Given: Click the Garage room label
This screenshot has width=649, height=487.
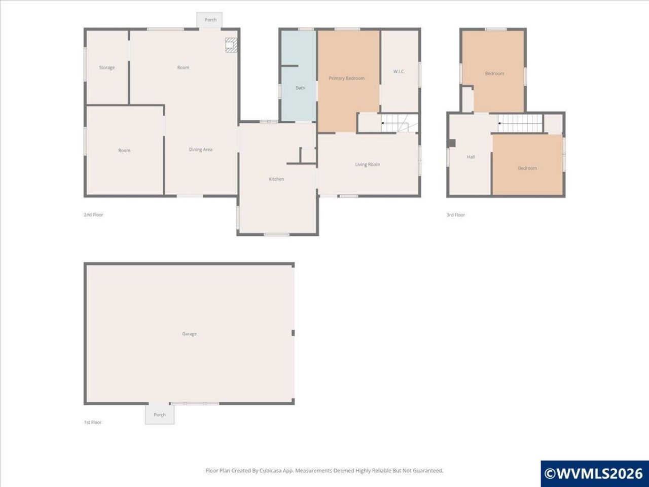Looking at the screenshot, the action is (x=189, y=334).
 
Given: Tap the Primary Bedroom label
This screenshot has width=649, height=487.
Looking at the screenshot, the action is (x=346, y=78).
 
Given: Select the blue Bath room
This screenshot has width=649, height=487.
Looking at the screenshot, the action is (x=298, y=76).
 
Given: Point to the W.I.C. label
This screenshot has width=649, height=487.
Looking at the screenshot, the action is (x=399, y=72).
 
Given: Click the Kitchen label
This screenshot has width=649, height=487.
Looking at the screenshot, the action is (x=276, y=179).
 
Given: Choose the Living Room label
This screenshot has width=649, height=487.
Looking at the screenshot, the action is (x=368, y=164).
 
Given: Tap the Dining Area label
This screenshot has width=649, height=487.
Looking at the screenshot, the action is (x=200, y=150).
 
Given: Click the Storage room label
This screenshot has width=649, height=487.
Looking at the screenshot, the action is (x=107, y=67).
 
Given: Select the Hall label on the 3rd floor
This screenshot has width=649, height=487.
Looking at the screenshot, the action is (x=471, y=157).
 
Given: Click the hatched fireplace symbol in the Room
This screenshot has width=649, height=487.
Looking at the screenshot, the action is (x=231, y=45).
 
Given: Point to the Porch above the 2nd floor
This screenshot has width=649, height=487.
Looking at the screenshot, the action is (x=210, y=20).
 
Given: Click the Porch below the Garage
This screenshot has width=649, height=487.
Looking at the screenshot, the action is (x=160, y=414).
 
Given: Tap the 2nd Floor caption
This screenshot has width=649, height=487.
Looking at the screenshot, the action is (x=93, y=215).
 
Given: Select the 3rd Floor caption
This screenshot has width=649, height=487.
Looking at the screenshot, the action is (x=456, y=215).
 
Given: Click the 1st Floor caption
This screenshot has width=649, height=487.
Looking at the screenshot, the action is (x=93, y=422).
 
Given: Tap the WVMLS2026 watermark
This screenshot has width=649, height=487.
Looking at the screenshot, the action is (x=594, y=473).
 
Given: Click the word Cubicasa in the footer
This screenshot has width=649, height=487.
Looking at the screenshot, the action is (x=270, y=470).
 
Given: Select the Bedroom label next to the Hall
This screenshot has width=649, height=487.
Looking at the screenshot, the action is (x=527, y=168).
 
